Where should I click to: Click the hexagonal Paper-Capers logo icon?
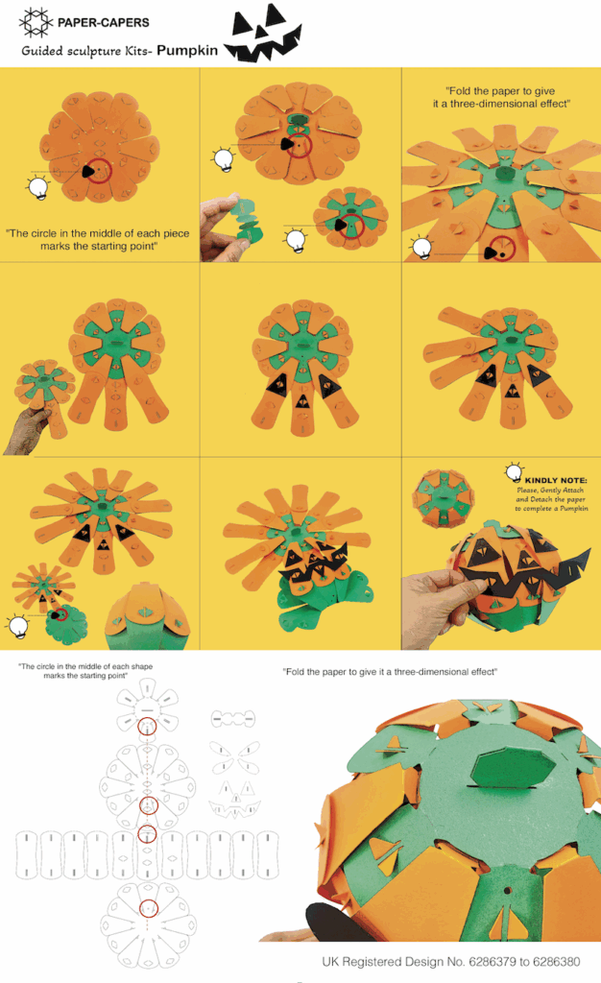click(36, 23)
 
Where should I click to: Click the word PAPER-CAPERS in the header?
click(104, 23)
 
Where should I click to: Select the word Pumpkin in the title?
click(187, 50)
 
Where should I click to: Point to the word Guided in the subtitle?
click(42, 51)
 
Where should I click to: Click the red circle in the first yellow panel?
click(98, 171)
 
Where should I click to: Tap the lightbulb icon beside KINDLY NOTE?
click(515, 472)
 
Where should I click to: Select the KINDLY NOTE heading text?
click(556, 480)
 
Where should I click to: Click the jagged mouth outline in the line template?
click(234, 808)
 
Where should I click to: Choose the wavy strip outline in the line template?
click(233, 718)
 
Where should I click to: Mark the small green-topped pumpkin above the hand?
click(443, 497)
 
